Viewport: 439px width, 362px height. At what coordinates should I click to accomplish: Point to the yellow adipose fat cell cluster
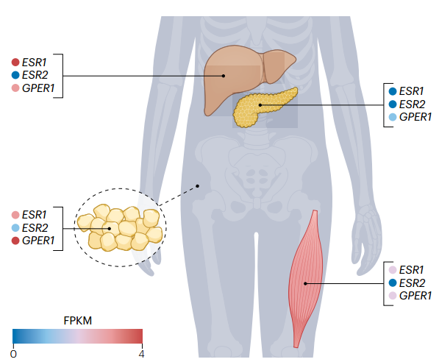120,227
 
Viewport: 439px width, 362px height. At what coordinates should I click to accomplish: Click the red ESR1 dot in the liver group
15,63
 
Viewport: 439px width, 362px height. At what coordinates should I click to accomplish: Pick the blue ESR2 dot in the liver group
15,75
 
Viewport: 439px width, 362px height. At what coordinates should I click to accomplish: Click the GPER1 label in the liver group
38,88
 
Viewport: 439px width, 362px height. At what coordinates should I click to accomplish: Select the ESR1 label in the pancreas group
411,91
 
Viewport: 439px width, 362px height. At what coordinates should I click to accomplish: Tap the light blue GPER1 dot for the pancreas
393,117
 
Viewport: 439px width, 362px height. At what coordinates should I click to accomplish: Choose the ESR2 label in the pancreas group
412,104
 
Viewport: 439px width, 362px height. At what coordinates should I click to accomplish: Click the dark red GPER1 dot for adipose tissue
15,241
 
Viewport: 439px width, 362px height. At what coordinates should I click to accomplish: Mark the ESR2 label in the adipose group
35,228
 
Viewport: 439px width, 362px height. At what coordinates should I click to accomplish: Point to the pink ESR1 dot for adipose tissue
15,215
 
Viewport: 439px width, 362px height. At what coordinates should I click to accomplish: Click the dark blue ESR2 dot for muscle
393,283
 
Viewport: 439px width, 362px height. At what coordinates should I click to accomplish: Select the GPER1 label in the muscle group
415,296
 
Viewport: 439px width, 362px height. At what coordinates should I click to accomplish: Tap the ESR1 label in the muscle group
411,270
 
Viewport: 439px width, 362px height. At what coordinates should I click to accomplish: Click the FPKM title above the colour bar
77,321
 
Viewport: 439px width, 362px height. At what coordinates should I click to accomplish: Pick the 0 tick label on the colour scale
13,354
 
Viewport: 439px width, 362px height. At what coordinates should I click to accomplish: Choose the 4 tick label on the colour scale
141,354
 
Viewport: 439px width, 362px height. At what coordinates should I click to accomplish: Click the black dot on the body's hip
197,186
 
